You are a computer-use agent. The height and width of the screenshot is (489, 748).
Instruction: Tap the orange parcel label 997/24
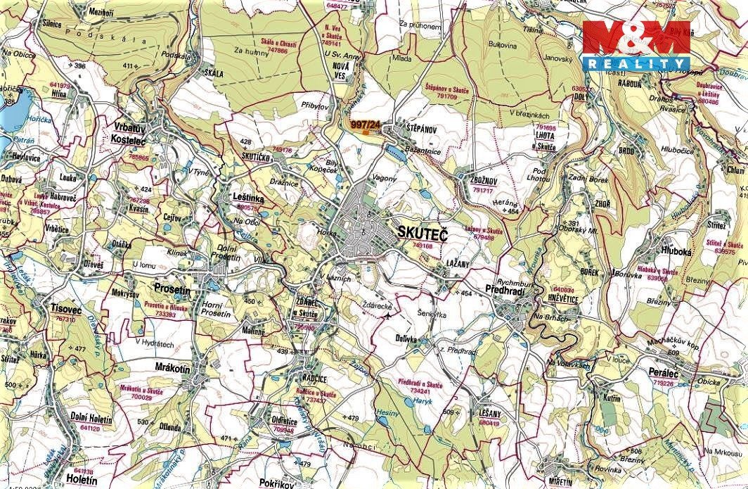coord(364,125)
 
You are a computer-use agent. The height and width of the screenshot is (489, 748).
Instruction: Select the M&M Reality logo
coord(636,45)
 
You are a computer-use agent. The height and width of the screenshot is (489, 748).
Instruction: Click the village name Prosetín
coord(172,289)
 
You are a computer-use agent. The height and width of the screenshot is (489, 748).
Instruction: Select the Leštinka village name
coord(247,198)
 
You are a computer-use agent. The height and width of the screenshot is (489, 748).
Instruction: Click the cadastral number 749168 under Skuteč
coord(423,246)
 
